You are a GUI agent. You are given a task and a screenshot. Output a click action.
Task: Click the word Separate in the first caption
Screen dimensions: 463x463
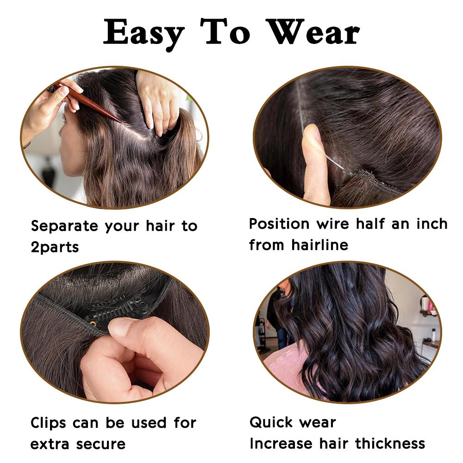(x=64, y=227)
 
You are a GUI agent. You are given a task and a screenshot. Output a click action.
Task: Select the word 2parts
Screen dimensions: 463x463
(x=55, y=247)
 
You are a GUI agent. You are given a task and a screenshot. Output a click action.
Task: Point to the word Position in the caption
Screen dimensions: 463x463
(x=280, y=224)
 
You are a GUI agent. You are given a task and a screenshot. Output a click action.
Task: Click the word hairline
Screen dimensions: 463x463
(x=319, y=244)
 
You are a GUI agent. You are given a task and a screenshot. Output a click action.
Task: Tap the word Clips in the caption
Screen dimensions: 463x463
(x=48, y=423)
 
